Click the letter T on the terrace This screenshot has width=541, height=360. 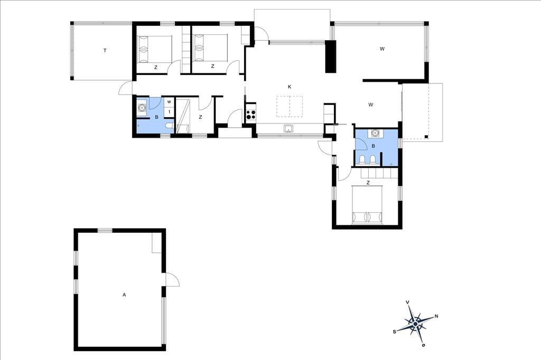point(105,51)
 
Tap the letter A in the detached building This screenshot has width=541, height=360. point(124,295)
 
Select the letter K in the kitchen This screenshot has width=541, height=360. point(290,87)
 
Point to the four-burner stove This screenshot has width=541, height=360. point(251,114)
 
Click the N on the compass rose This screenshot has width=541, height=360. point(436,316)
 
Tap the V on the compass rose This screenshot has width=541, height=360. point(408,302)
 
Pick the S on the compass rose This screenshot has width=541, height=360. point(394,331)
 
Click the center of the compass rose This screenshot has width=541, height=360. point(415,324)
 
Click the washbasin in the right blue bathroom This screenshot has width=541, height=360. point(375,133)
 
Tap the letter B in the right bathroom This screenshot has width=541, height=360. point(374,146)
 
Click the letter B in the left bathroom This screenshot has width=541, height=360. point(156,117)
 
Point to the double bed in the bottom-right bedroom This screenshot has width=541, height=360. point(367,204)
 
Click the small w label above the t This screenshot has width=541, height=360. point(169,102)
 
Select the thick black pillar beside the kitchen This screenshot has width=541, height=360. point(331,57)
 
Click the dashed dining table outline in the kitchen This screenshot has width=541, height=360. point(290,107)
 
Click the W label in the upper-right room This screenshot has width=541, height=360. point(382,49)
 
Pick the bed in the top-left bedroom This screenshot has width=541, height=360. point(155,49)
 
